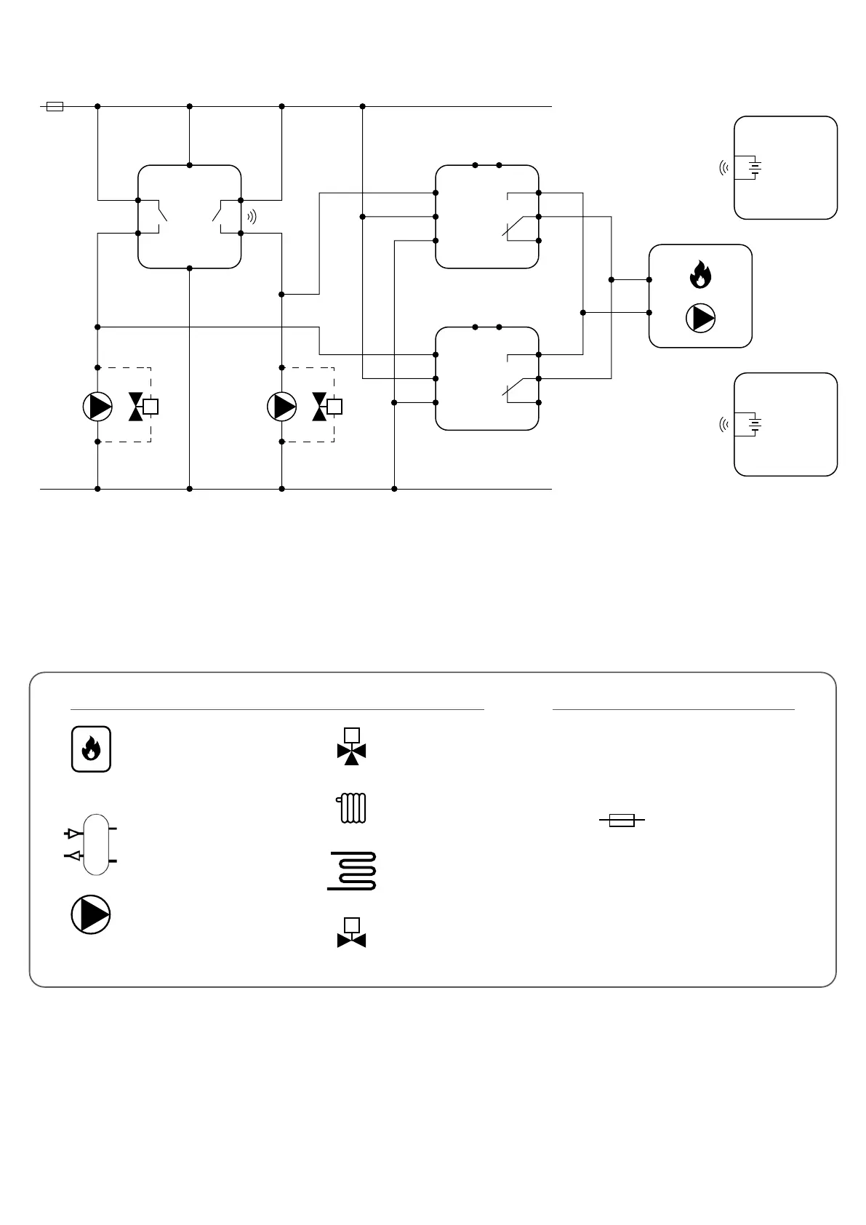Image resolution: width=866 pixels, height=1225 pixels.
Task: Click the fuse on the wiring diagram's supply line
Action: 55,106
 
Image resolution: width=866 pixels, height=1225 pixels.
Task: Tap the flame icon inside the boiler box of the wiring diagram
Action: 700,274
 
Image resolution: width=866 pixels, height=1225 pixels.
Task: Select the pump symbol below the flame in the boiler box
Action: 701,319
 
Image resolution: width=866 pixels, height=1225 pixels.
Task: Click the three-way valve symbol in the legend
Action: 352,747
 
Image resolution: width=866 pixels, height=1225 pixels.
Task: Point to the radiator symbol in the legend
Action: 352,808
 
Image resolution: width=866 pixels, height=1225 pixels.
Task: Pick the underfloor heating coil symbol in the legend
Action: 352,871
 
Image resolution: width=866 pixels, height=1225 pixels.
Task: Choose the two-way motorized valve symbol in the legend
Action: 352,933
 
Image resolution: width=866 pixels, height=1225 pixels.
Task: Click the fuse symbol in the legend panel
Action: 622,821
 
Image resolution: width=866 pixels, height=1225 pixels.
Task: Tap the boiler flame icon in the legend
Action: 91,749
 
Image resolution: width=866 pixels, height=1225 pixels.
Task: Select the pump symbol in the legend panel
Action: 91,914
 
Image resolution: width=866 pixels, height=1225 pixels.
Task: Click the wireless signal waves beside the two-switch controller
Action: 252,216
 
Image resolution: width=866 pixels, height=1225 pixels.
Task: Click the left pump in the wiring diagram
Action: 97,406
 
